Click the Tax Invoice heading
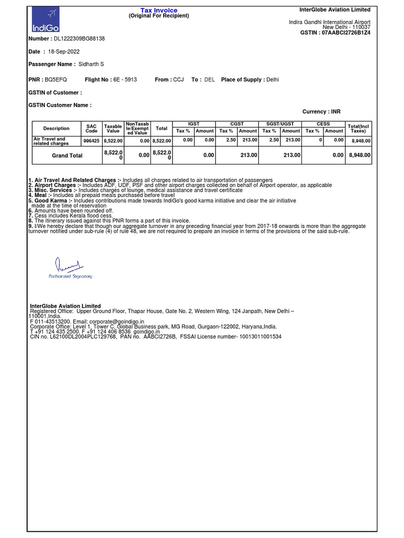(159, 11)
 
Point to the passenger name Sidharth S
(91, 64)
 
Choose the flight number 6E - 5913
(125, 80)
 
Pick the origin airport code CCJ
(178, 80)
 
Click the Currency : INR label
(321, 112)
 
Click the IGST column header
(194, 124)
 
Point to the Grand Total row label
(67, 156)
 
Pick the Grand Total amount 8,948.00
(360, 156)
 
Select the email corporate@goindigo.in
(117, 321)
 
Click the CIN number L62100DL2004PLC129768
(80, 336)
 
